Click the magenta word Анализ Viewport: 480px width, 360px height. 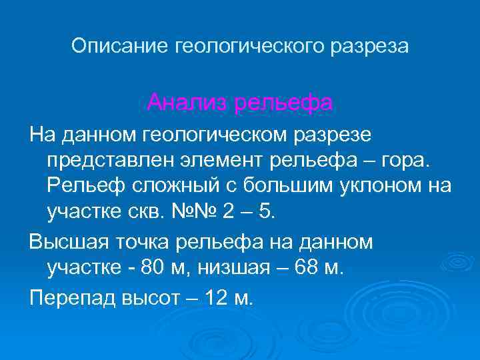click(185, 103)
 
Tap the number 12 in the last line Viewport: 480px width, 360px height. click(217, 298)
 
